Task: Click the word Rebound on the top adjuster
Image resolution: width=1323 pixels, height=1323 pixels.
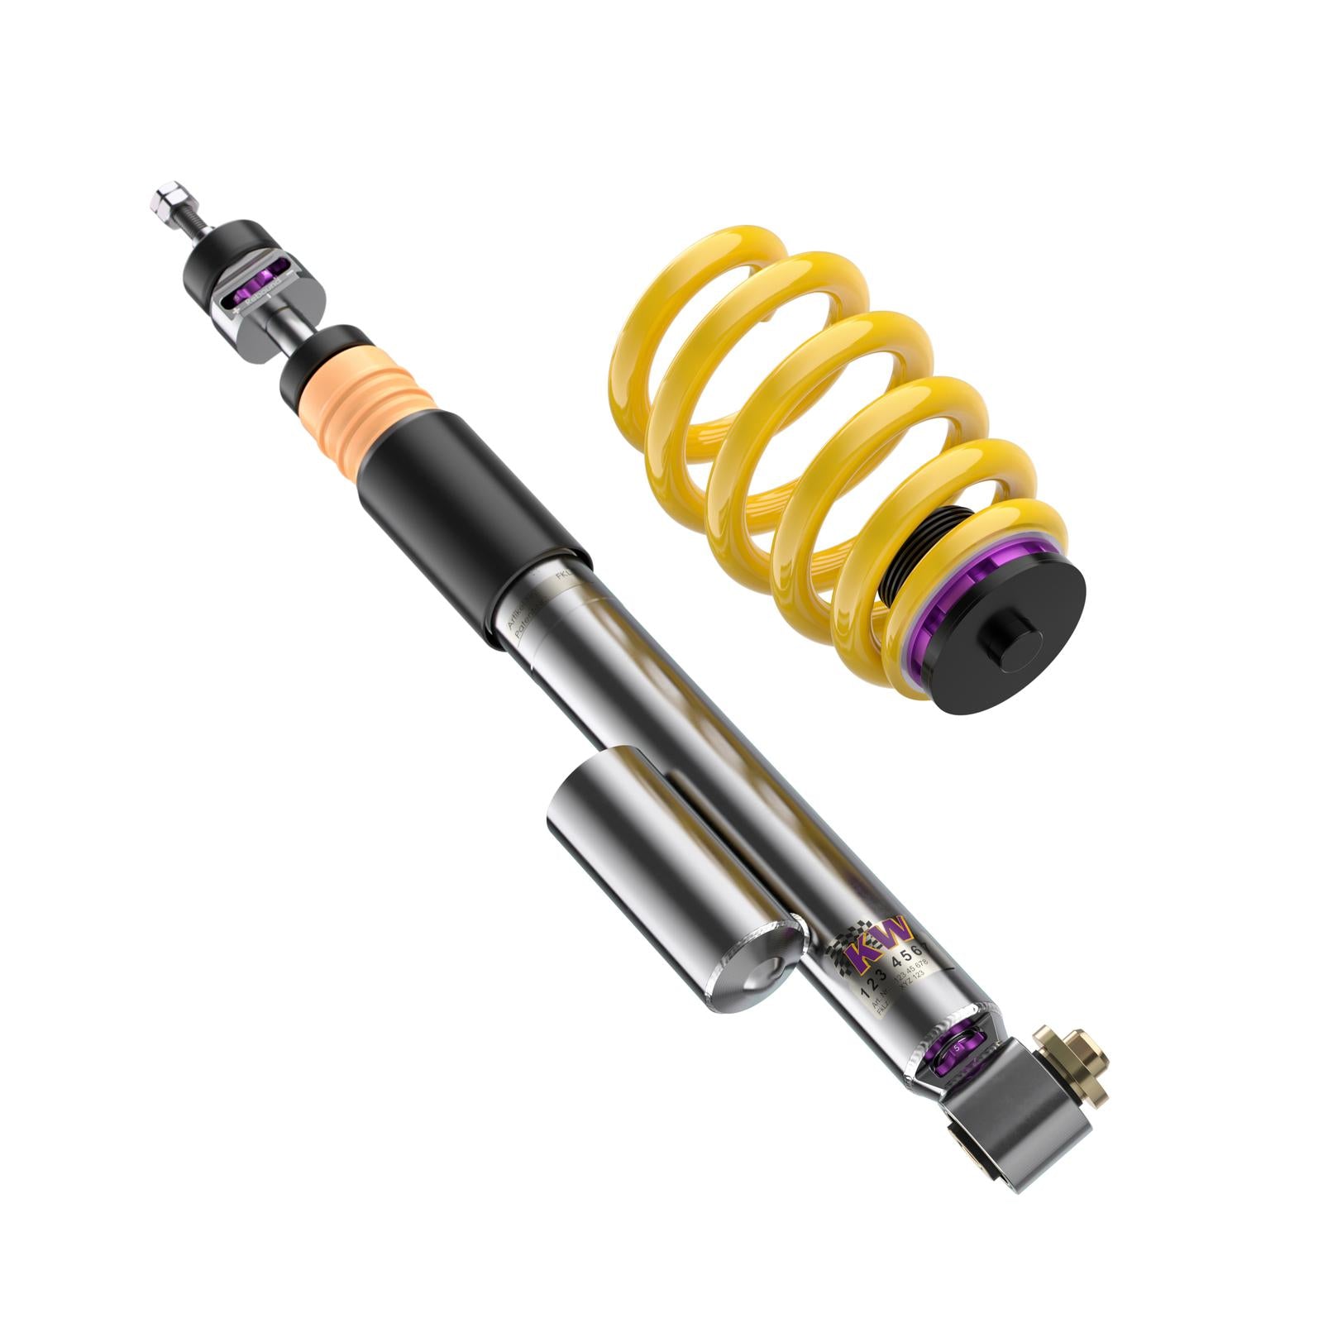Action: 264,293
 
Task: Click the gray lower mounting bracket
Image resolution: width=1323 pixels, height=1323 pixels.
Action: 1017,1108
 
